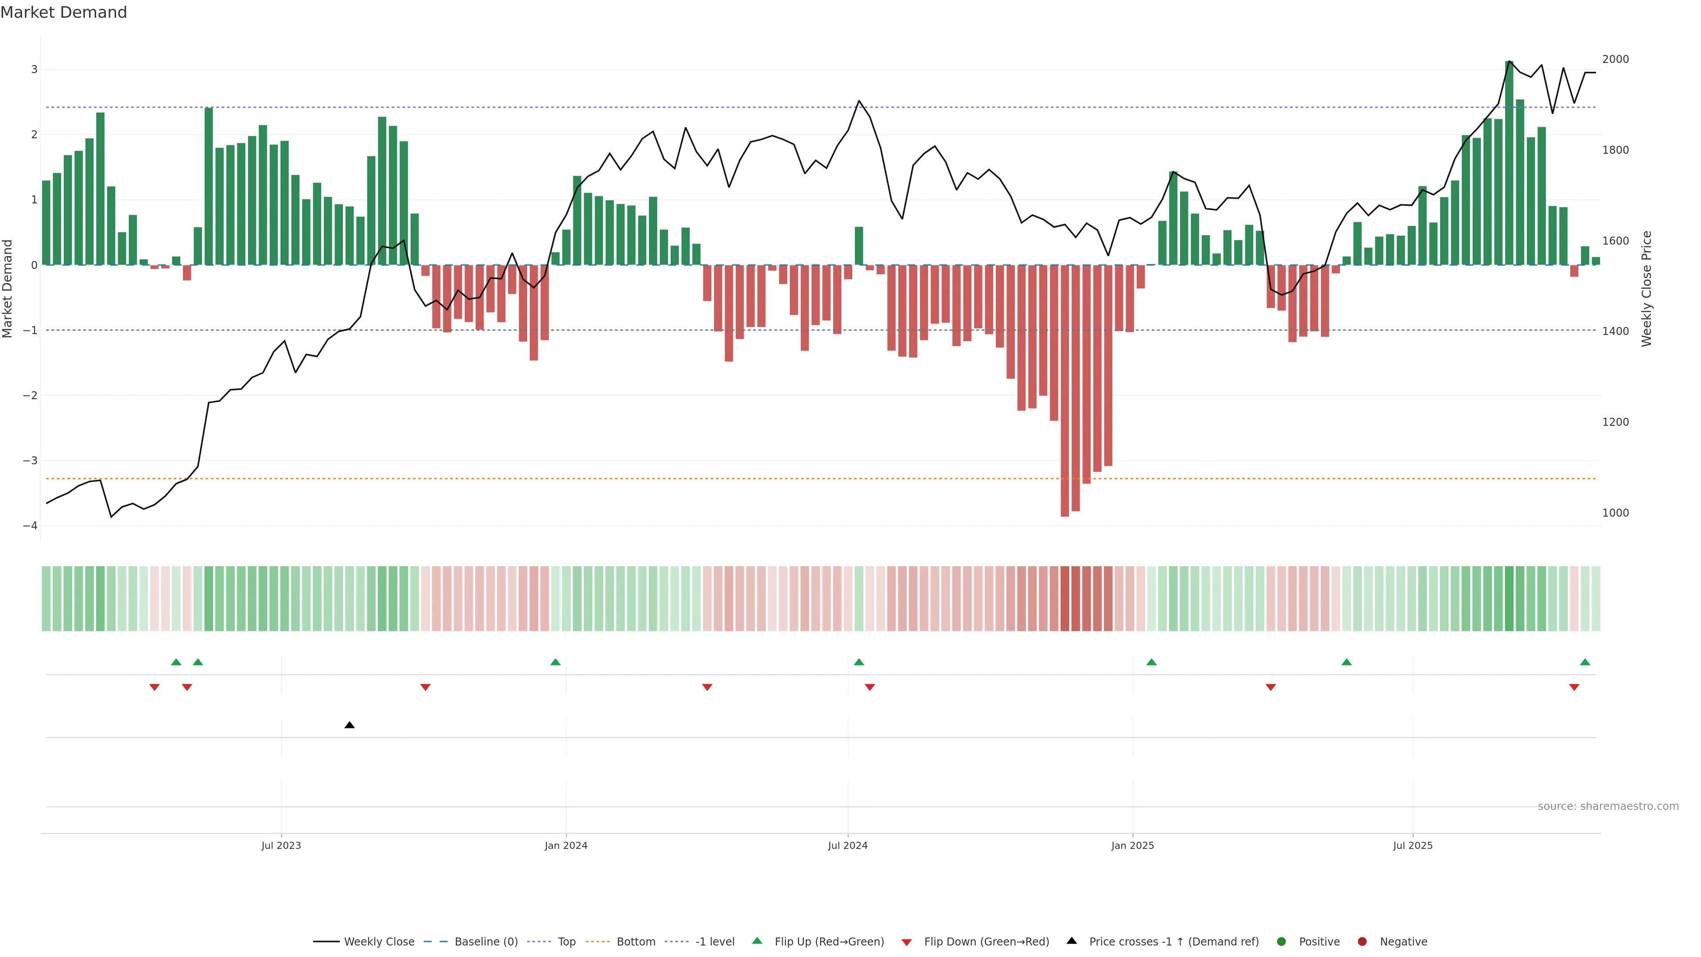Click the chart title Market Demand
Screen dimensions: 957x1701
63,12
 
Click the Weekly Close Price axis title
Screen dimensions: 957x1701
1646,288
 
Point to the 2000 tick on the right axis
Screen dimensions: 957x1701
1615,59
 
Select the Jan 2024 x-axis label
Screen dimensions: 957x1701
566,845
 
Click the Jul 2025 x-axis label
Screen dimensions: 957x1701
1413,845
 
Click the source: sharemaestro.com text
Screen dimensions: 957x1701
1608,806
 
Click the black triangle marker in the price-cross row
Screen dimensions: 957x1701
350,725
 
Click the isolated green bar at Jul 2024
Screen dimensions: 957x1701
858,246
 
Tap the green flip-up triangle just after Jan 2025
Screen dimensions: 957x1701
1152,662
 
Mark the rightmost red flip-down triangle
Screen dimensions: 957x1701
1574,688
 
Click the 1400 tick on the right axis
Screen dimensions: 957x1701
1615,331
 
